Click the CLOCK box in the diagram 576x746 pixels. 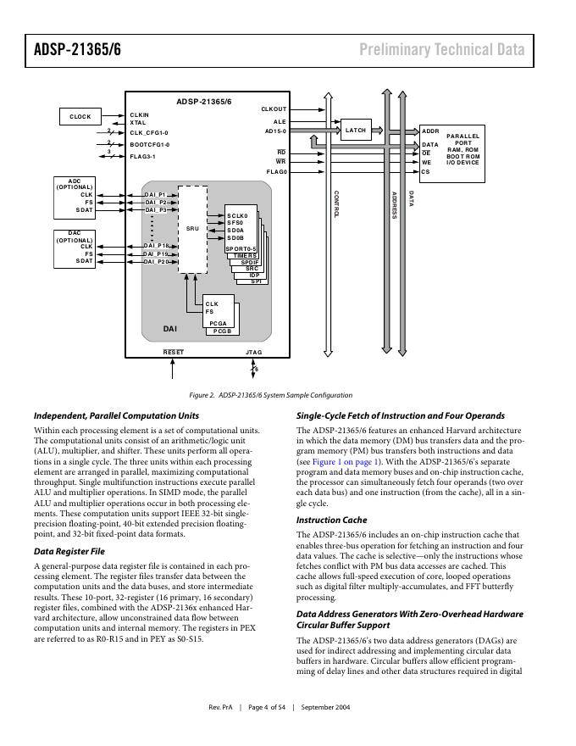80,117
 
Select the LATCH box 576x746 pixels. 356,130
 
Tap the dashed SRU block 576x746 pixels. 192,230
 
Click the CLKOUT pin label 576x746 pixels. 274,109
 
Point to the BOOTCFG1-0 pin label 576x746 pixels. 150,145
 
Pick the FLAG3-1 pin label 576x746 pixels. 142,157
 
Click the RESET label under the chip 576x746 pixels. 173,352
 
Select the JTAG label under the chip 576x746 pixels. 254,352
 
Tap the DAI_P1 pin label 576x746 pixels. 155,195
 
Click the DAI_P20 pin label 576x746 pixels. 157,262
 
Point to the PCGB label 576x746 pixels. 222,331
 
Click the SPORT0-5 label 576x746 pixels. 241,249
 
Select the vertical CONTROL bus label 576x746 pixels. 336,204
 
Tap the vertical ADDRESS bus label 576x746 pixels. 394,205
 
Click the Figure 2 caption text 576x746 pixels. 271,395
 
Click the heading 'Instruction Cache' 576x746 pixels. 332,520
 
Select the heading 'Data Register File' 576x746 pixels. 69,551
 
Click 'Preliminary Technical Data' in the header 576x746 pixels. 442,49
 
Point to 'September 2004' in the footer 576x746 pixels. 325,708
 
